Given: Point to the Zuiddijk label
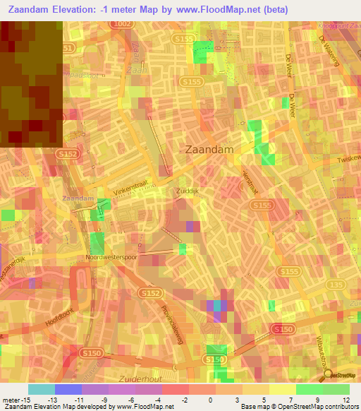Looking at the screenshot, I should (188, 191).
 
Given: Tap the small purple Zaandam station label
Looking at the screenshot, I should (78, 198).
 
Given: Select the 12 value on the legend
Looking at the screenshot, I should (345, 400).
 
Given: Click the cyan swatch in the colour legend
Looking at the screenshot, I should (41, 389).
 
